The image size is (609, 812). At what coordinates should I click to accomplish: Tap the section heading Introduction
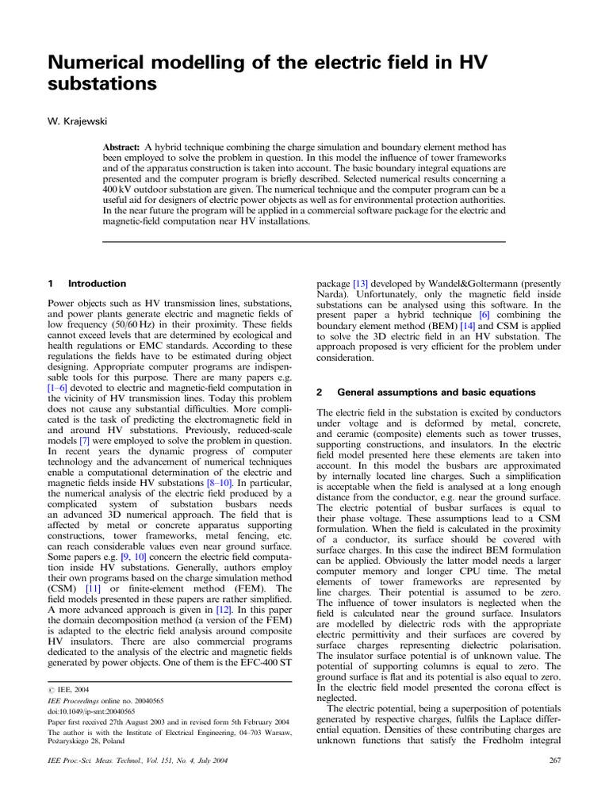[97, 283]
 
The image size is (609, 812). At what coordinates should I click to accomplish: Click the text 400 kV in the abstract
[119, 190]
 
